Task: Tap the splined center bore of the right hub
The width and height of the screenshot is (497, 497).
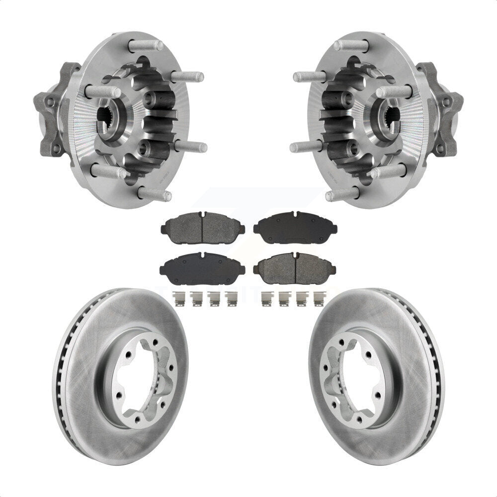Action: [384, 121]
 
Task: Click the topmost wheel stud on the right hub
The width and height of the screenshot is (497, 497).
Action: [351, 46]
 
